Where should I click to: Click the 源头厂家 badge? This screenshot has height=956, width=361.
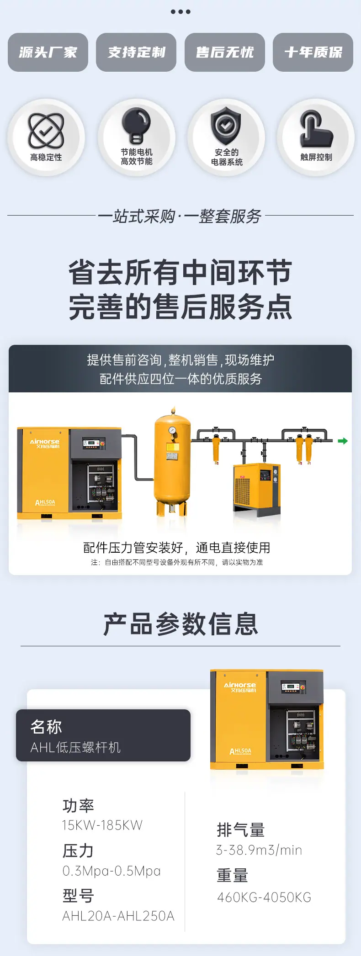tap(48, 52)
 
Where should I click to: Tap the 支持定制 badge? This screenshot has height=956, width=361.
tap(136, 52)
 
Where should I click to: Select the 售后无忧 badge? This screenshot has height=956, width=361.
tap(225, 52)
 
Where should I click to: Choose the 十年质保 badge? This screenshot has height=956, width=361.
tap(313, 52)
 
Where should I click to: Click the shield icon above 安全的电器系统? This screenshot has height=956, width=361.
tap(226, 126)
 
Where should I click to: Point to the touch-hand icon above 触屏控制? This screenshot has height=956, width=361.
tap(316, 129)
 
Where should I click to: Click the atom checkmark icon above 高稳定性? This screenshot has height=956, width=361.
tap(46, 131)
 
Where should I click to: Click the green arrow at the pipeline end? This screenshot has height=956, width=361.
tap(343, 441)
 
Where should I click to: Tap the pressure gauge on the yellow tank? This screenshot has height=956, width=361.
tap(172, 430)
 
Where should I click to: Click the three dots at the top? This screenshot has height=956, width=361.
tap(180, 11)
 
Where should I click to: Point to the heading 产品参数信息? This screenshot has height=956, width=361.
tap(180, 624)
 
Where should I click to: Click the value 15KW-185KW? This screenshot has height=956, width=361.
tap(102, 825)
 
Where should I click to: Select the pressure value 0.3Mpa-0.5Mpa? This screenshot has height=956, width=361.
tap(111, 871)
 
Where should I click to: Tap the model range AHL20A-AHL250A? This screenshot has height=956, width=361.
tap(118, 915)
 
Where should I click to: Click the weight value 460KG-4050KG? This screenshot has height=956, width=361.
tap(264, 897)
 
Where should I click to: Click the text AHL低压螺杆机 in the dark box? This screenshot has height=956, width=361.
tap(75, 747)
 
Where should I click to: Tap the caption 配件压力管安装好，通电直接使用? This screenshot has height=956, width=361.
tap(177, 547)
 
